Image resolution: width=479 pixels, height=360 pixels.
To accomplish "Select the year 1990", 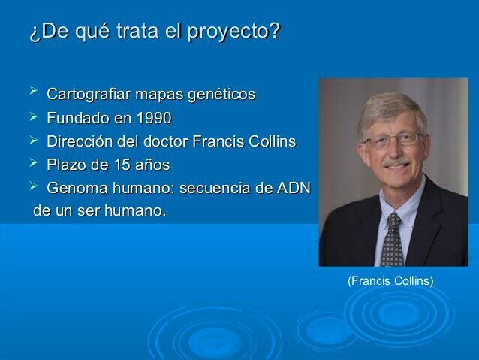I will [x=152, y=118].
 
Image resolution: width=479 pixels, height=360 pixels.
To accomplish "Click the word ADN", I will [x=294, y=188].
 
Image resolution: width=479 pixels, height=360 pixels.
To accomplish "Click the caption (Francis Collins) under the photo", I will [x=390, y=281].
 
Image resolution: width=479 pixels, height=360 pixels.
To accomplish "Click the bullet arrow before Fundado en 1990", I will [x=33, y=116].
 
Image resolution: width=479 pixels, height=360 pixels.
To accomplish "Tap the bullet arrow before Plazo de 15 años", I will [x=33, y=163].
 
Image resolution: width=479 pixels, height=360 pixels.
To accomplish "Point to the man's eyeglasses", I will [x=393, y=140].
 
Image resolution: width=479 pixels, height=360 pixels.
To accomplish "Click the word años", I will [x=150, y=165].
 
